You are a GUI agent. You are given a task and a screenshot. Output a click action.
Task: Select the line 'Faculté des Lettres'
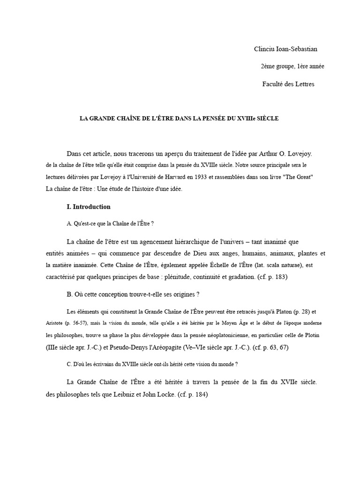(x=288, y=84)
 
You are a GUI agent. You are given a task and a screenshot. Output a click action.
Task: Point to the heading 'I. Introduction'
(x=89, y=207)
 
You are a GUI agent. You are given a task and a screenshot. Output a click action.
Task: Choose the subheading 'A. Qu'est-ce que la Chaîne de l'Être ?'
(x=111, y=224)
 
